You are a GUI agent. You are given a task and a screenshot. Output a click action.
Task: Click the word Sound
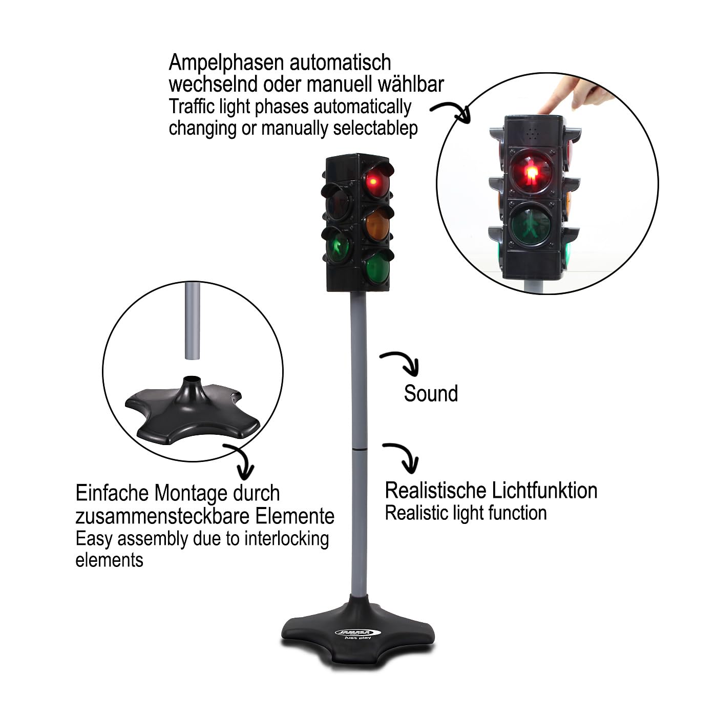coord(431,394)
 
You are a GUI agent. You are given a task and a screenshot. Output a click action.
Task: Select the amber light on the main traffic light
coord(376,224)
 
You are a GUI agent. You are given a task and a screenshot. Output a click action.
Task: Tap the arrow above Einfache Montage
coord(242,458)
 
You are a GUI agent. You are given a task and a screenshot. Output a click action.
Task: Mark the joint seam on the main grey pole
coord(358,450)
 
